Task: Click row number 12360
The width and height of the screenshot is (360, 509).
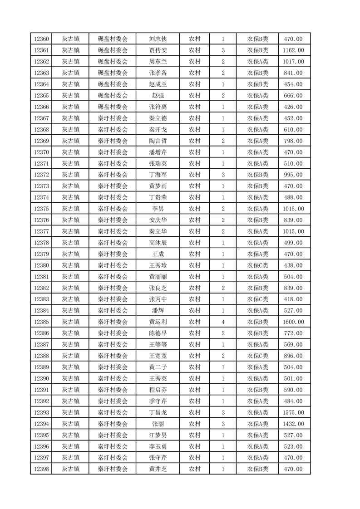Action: (x=41, y=39)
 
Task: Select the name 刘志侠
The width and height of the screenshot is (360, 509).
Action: (x=158, y=39)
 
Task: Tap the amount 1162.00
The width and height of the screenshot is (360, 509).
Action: (x=293, y=50)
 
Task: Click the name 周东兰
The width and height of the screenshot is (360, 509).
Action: (x=158, y=62)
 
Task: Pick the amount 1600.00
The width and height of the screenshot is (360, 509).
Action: (x=293, y=322)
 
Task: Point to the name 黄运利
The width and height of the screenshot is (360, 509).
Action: (x=158, y=322)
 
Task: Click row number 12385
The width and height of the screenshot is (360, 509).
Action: (x=41, y=322)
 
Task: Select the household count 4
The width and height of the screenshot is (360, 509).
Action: (x=223, y=322)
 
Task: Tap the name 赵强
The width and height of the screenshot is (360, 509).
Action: (x=158, y=96)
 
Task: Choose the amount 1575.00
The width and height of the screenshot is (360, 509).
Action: (x=293, y=412)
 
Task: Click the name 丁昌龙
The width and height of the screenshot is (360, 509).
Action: (x=158, y=412)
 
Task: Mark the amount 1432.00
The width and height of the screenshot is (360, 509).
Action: (x=293, y=424)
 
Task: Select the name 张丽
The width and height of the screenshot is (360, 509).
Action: (x=158, y=424)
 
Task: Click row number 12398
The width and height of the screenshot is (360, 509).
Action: (x=41, y=469)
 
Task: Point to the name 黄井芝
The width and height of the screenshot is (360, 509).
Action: (x=158, y=469)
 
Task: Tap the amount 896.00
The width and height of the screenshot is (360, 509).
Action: (x=293, y=356)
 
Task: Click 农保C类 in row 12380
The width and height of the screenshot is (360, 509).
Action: (x=257, y=265)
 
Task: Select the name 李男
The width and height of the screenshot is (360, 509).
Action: (x=158, y=209)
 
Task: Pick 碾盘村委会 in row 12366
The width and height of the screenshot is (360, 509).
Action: (x=113, y=107)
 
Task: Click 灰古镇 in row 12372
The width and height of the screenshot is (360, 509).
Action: (x=71, y=175)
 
